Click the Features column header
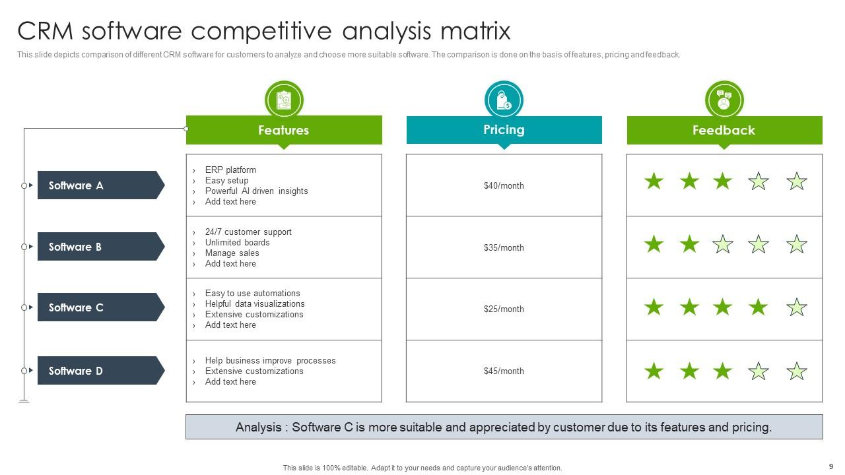(x=284, y=130)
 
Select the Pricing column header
(x=504, y=130)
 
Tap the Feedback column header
(x=724, y=130)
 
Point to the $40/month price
(x=504, y=186)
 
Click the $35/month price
(x=504, y=248)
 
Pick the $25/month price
(x=504, y=309)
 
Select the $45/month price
(x=504, y=371)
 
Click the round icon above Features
(x=284, y=100)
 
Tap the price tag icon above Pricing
(x=504, y=100)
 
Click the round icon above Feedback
(x=724, y=100)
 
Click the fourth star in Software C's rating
(x=759, y=307)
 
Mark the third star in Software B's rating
(x=723, y=245)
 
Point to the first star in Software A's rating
(x=654, y=181)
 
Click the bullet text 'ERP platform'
(x=230, y=170)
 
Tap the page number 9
(x=830, y=466)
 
